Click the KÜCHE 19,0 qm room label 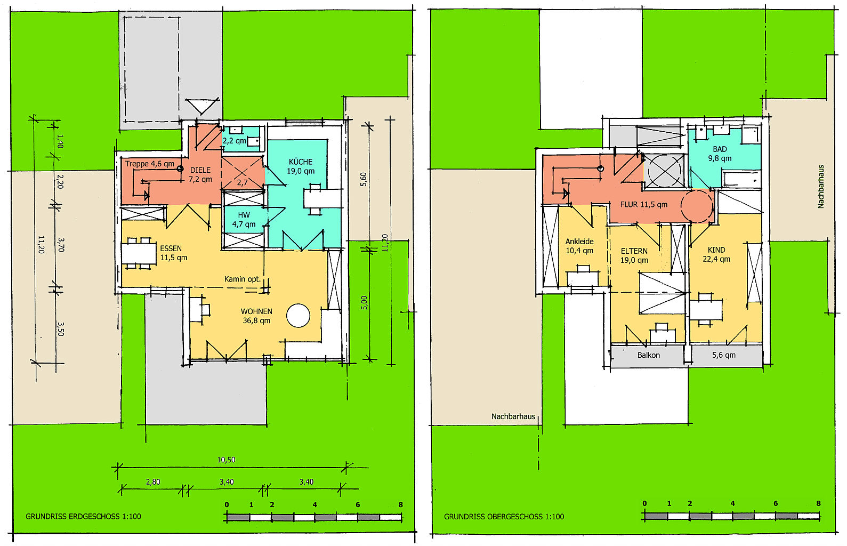pyautogui.click(x=301, y=166)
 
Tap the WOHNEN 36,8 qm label pyautogui.click(x=256, y=316)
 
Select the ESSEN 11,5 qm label pyautogui.click(x=174, y=253)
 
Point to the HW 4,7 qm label pyautogui.click(x=244, y=220)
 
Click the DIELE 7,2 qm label pyautogui.click(x=200, y=175)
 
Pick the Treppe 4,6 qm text pyautogui.click(x=150, y=164)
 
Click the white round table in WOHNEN pyautogui.click(x=299, y=315)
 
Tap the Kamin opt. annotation pyautogui.click(x=243, y=279)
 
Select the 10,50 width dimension pyautogui.click(x=226, y=460)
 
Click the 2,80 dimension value pyautogui.click(x=153, y=481)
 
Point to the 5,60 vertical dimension pyautogui.click(x=364, y=179)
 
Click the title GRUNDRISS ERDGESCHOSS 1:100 pyautogui.click(x=83, y=517)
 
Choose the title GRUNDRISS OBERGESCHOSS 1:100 pyautogui.click(x=504, y=517)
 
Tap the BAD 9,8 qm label pyautogui.click(x=720, y=154)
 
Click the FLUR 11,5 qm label pyautogui.click(x=644, y=205)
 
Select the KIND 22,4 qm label pyautogui.click(x=716, y=254)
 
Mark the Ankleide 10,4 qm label pyautogui.click(x=579, y=246)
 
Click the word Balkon pyautogui.click(x=649, y=355)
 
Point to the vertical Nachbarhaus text pyautogui.click(x=820, y=187)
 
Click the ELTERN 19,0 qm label pyautogui.click(x=634, y=255)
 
